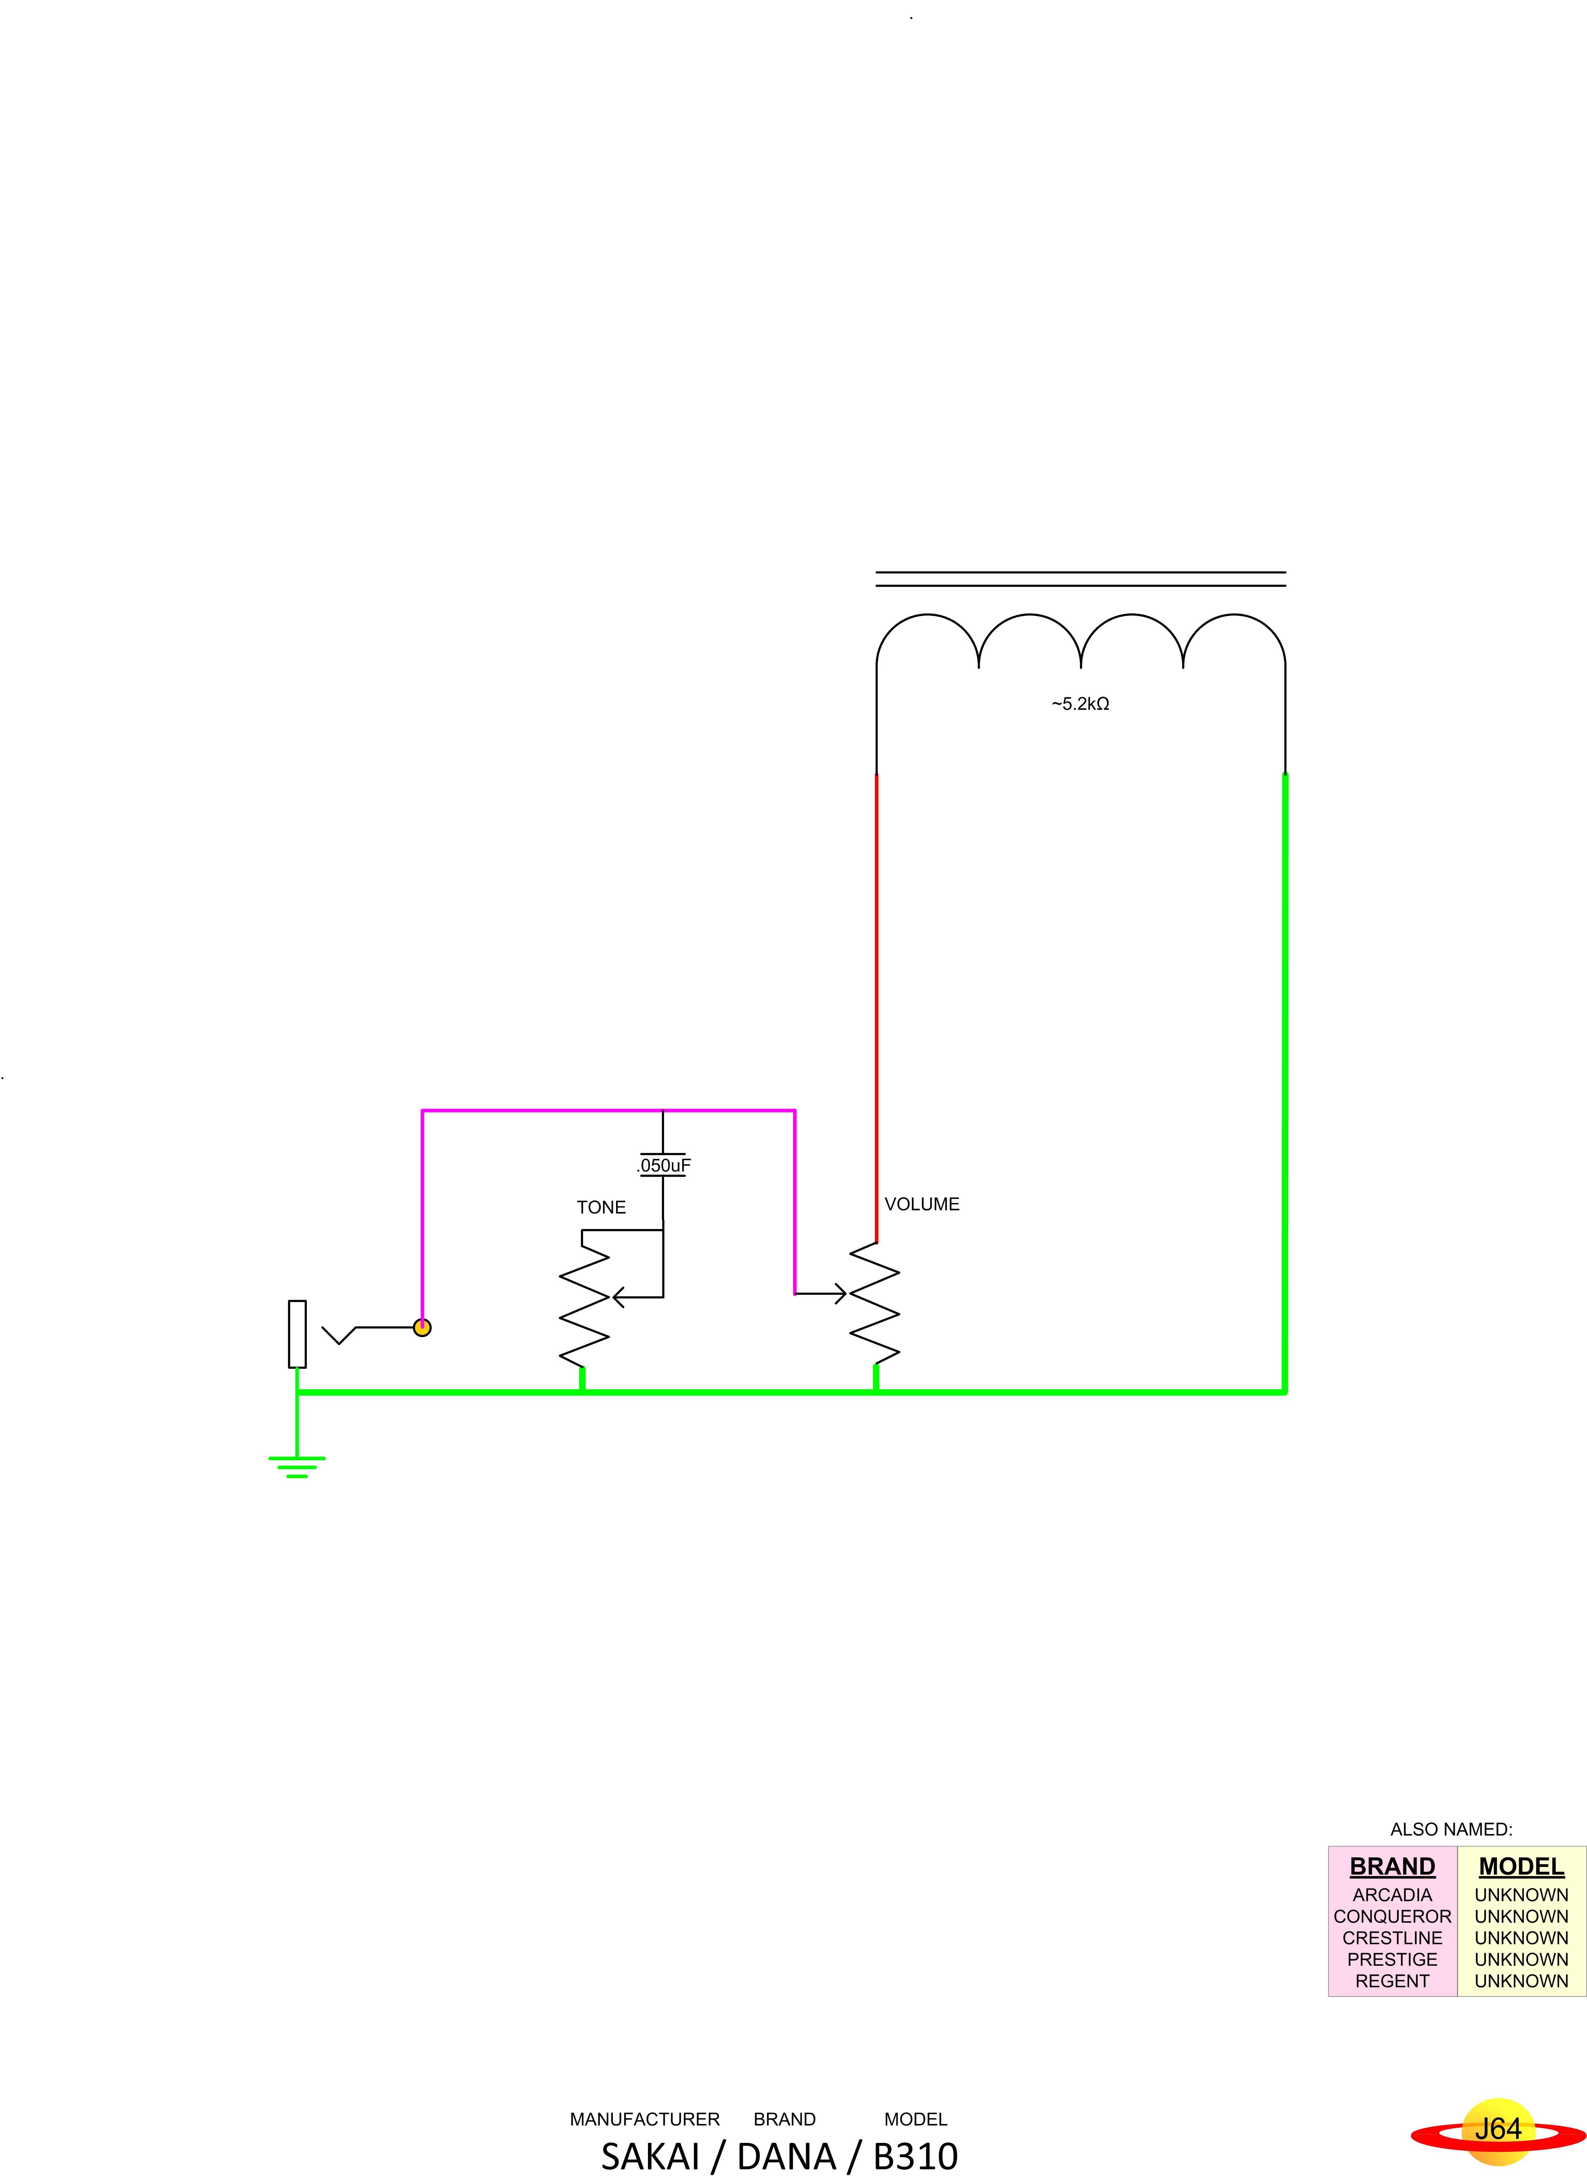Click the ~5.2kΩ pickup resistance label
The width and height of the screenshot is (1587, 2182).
click(x=1080, y=704)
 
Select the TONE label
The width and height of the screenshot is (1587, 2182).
click(x=601, y=1207)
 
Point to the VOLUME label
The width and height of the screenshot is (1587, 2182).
click(x=922, y=1204)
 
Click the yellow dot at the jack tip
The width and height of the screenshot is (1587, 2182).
click(x=422, y=1328)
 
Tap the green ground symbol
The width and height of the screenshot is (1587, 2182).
click(x=296, y=1466)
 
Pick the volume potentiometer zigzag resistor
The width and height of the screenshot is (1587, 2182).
click(x=875, y=1304)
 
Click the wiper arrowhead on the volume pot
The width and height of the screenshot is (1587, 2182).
click(x=840, y=1294)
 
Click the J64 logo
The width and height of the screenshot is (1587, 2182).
click(x=1498, y=2129)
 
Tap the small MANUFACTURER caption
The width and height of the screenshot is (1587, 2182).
click(x=644, y=2120)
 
